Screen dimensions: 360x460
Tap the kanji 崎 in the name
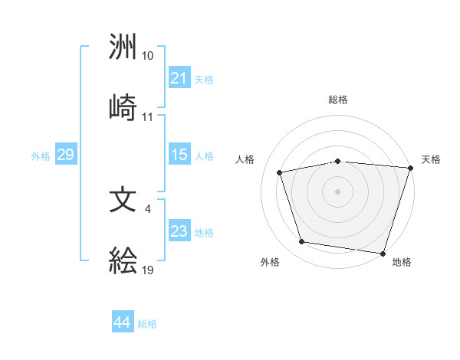coord(123,108)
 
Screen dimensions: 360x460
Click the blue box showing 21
coord(179,78)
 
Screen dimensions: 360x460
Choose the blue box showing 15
coord(179,155)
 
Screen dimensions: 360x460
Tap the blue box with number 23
coord(179,231)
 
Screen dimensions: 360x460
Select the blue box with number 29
coord(65,155)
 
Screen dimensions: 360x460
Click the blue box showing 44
coord(122,322)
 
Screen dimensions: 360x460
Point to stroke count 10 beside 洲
coord(147,57)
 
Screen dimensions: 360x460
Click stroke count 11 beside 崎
coord(147,117)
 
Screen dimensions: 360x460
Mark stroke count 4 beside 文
coord(147,208)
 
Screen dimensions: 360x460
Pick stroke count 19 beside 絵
coord(147,269)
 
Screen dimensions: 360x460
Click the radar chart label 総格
coord(338,100)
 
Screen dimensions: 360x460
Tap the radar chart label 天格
coord(432,159)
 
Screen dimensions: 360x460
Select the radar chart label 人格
coord(245,159)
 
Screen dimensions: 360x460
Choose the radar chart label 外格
coord(270,262)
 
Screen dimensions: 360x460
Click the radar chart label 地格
coord(402,262)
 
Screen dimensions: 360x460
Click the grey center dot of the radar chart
coord(338,191)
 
